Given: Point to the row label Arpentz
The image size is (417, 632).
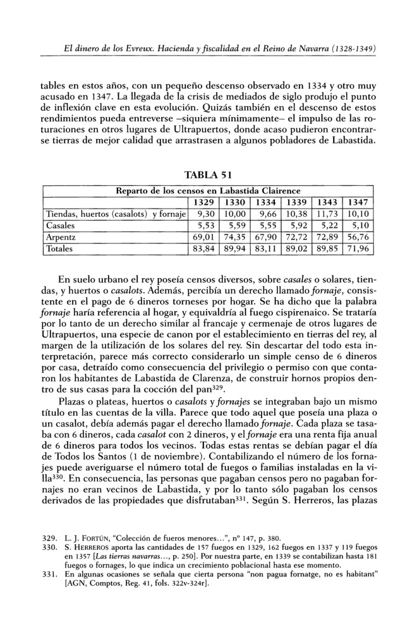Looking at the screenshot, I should (x=62, y=237).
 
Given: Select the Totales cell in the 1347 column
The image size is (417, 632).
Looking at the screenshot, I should (x=360, y=249).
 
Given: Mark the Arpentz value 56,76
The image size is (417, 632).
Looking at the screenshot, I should (x=360, y=237).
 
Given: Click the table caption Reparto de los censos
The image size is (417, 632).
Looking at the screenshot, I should (x=208, y=190).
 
